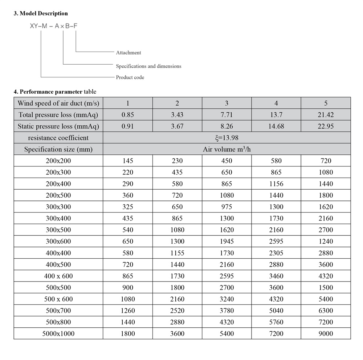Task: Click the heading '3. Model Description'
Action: tap(41, 13)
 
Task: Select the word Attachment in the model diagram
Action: tap(129, 53)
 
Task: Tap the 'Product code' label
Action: tap(130, 77)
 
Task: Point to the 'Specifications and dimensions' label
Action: tap(148, 66)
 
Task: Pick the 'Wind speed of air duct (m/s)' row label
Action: tap(58, 103)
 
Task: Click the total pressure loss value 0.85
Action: tap(127, 115)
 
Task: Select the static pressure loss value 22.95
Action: tap(326, 126)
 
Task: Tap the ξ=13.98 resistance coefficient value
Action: tap(227, 138)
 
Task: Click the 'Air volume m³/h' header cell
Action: tap(227, 149)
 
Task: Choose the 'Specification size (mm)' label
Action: tap(58, 149)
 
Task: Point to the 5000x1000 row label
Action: tap(58, 333)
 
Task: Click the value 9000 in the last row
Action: tap(326, 333)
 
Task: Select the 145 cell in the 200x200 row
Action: tap(127, 161)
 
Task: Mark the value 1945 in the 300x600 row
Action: tap(227, 241)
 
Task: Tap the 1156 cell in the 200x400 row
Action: tap(276, 184)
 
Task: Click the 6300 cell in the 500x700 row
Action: tap(326, 311)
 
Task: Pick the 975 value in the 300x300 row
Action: tap(227, 207)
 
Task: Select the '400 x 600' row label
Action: tap(58, 276)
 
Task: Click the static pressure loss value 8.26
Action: tap(227, 126)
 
